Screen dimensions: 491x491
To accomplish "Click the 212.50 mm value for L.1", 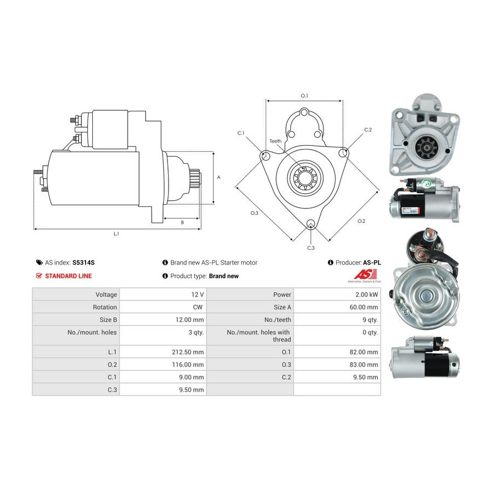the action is (188, 352).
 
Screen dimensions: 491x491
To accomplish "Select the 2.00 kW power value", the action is (367, 295).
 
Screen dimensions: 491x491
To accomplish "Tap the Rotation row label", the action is (105, 307).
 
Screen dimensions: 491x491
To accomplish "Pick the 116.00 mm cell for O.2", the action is (188, 364).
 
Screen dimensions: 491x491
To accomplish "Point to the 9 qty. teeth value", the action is (370, 320).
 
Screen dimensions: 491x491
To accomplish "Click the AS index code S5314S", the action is (83, 263).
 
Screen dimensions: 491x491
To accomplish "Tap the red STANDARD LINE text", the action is (68, 276).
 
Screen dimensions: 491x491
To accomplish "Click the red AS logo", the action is (365, 274).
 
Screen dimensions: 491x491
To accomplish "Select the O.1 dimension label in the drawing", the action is (304, 95).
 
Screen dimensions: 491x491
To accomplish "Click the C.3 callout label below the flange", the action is (310, 248).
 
